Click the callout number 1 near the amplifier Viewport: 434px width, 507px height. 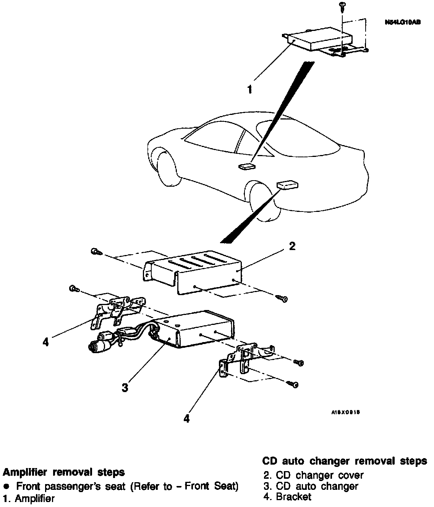[x=249, y=90]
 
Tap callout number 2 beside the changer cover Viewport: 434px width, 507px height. [x=292, y=247]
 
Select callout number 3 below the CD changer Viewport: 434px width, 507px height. [x=125, y=388]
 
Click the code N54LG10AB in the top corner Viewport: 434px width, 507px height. [x=403, y=23]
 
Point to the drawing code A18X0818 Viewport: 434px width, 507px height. [x=346, y=413]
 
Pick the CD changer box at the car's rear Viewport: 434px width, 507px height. [x=287, y=185]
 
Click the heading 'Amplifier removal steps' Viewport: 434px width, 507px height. [x=64, y=472]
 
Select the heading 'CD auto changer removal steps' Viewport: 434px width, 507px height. [x=345, y=461]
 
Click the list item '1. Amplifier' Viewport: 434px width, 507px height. [x=29, y=498]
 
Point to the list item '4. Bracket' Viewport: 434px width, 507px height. [x=287, y=497]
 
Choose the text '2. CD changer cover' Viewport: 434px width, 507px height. [x=313, y=475]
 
